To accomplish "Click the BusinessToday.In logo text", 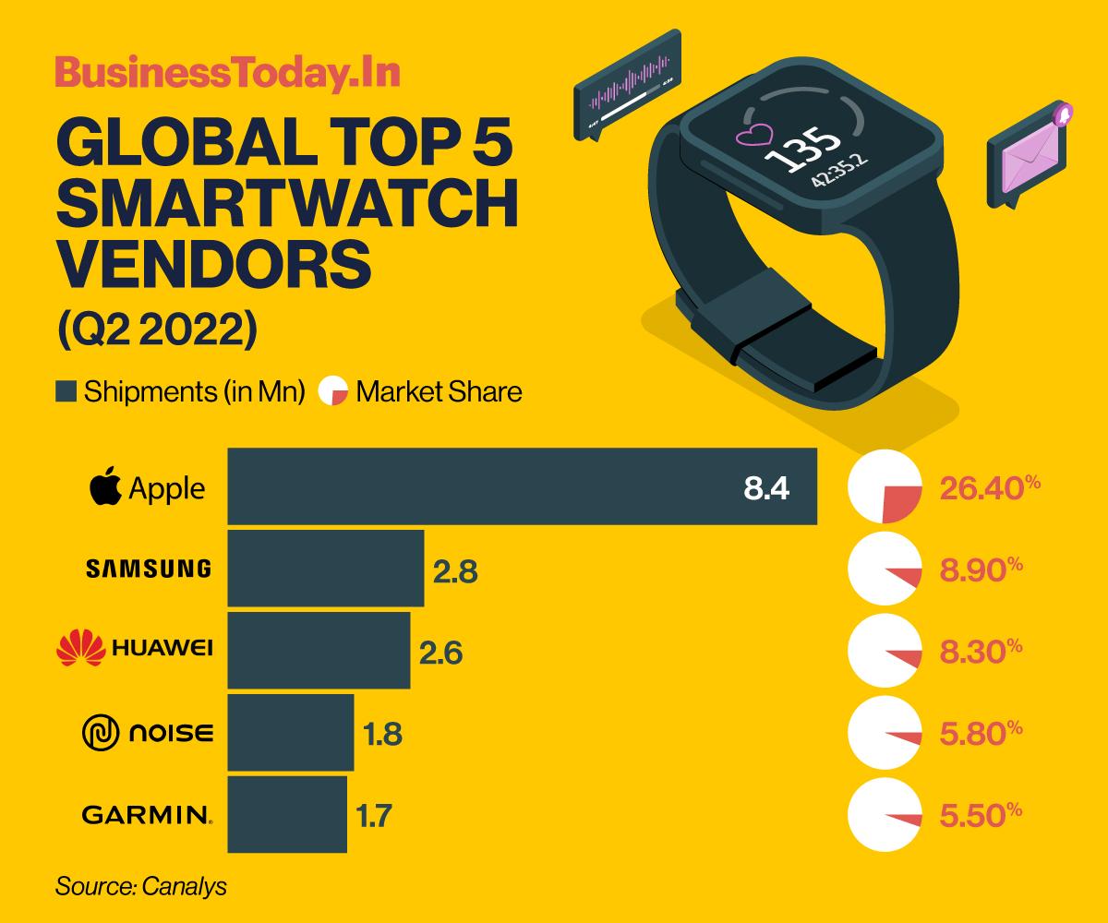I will tap(227, 75).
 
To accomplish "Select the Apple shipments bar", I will tap(522, 486).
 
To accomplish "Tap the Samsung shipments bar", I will tap(325, 568).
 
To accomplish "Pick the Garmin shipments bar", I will tap(287, 814).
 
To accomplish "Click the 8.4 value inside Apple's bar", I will tap(766, 488).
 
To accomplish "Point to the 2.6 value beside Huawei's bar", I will tap(440, 653).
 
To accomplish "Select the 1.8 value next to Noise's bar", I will tap(382, 735).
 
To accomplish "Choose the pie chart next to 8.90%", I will tap(885, 569).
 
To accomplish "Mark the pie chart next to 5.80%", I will tap(885, 733).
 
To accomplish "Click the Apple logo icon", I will tap(105, 486).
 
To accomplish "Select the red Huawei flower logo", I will tap(80, 648).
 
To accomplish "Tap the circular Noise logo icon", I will tap(102, 734).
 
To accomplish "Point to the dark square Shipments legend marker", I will tap(66, 391).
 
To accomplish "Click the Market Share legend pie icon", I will tap(332, 391).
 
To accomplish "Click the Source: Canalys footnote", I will tap(141, 887).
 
